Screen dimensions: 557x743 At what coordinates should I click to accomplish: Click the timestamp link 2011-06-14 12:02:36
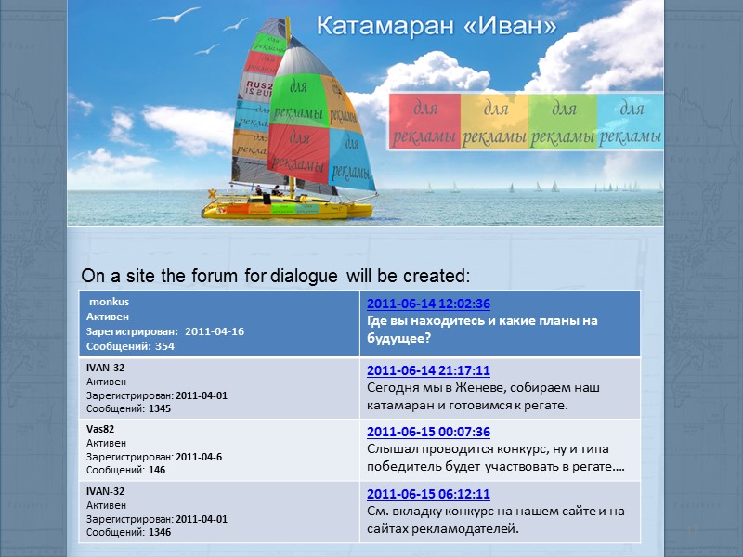coord(428,304)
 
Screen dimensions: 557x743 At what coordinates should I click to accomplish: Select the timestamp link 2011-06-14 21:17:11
coord(428,370)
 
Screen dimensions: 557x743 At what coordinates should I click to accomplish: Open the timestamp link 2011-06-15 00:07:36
coord(428,432)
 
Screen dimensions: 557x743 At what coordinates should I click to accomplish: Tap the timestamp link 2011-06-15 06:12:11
coord(428,494)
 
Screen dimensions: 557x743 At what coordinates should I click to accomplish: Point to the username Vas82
coord(100,430)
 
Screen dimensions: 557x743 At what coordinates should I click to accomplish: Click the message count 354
coord(165,346)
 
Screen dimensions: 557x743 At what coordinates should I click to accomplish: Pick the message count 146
coord(155,471)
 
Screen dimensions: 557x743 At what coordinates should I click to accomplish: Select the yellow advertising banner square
coord(495,122)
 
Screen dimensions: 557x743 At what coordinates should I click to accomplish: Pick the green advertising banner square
coord(563,122)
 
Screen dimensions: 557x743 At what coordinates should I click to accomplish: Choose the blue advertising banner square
coord(631,122)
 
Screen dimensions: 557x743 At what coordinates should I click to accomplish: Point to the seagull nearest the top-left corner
coord(176,16)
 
